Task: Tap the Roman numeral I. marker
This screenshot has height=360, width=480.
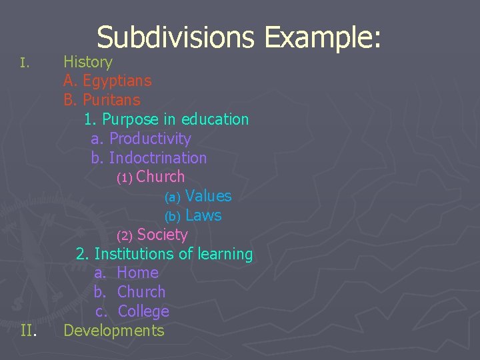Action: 23,63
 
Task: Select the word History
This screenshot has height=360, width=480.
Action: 88,62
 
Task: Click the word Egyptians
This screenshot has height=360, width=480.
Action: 117,81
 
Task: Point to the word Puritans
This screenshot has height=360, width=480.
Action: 111,101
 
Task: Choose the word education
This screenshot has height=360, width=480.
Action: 215,120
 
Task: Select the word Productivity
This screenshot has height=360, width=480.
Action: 150,139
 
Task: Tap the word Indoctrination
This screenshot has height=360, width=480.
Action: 158,158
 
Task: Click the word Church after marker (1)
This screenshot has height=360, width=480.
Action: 161,177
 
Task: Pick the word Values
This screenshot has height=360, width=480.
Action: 209,196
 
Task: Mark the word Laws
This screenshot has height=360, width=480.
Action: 203,215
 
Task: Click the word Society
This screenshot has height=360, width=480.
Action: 163,235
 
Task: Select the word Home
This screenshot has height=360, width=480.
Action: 137,273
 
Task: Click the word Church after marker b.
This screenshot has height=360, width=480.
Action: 141,292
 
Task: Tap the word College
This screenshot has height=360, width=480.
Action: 143,311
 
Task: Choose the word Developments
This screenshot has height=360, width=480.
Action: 114,331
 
